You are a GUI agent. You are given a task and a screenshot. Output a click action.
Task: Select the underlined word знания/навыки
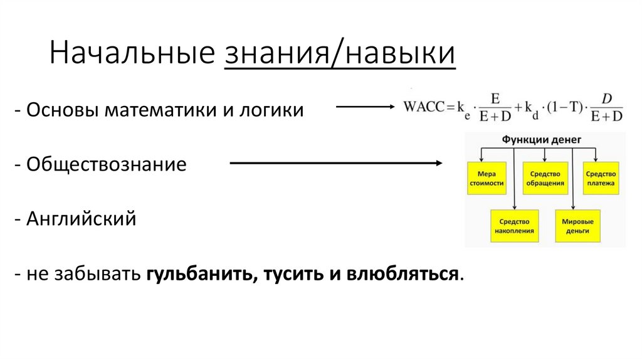coord(339,53)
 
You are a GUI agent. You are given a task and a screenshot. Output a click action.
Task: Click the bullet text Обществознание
coord(106,165)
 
